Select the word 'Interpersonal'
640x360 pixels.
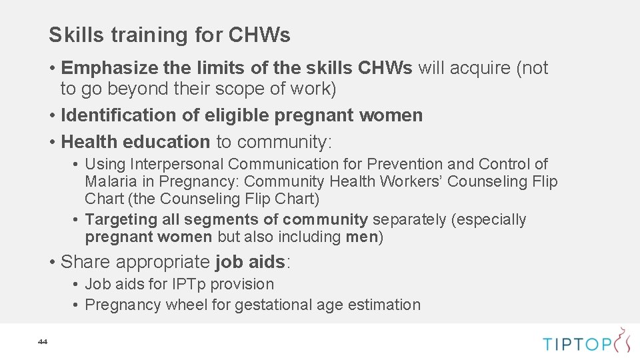[x=177, y=164]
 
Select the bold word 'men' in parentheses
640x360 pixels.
[x=361, y=237]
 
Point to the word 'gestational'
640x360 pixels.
[x=272, y=305]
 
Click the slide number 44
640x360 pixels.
[x=43, y=342]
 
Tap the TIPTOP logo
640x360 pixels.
[x=586, y=342]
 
